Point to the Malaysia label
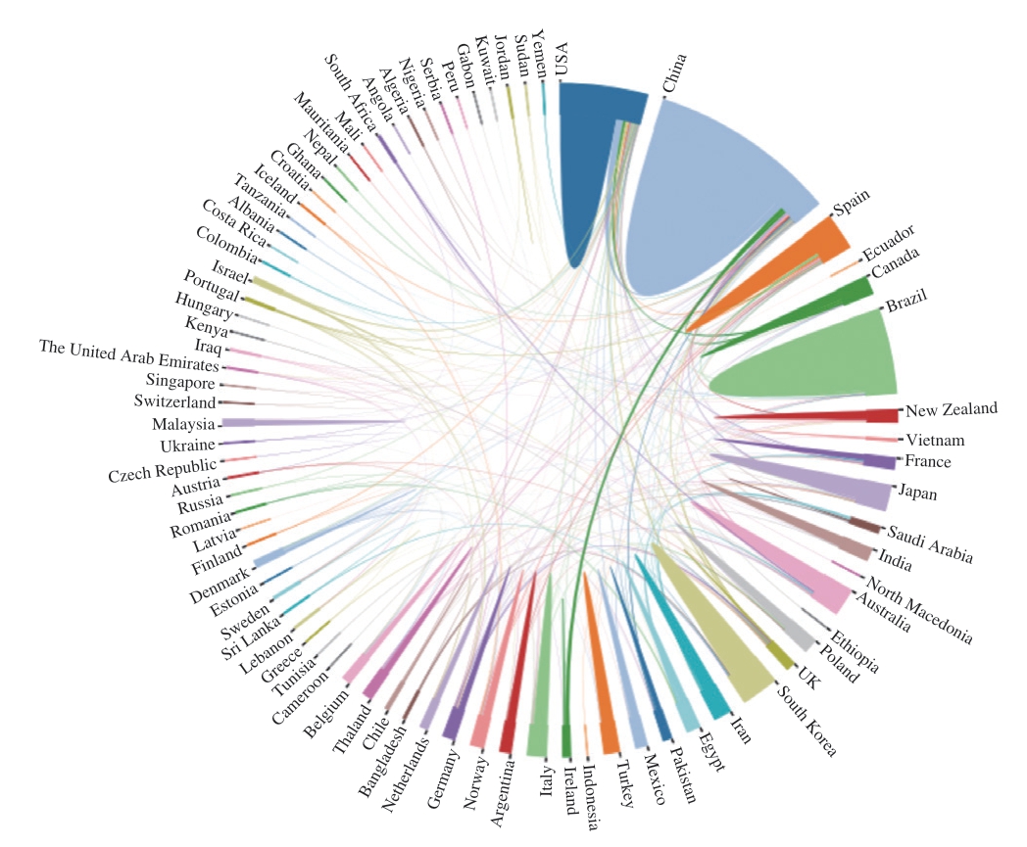183,424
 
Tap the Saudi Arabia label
930,544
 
